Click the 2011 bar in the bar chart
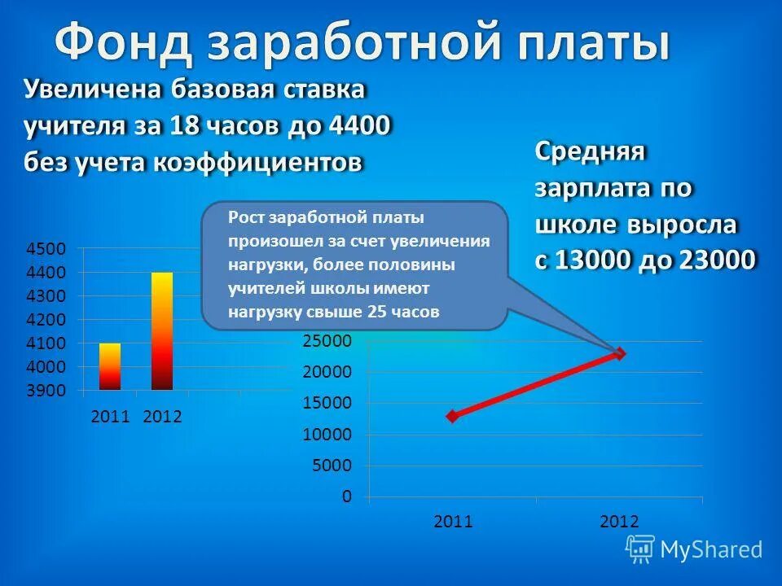tap(110, 366)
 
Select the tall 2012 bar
tap(162, 331)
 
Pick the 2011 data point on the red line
tap(453, 416)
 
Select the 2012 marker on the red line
tap(620, 353)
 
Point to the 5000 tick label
tap(334, 466)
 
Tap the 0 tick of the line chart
tap(347, 496)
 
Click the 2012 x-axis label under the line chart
tap(620, 522)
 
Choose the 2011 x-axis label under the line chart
tap(453, 522)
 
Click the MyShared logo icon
tap(640, 549)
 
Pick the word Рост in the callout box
tap(244, 218)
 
